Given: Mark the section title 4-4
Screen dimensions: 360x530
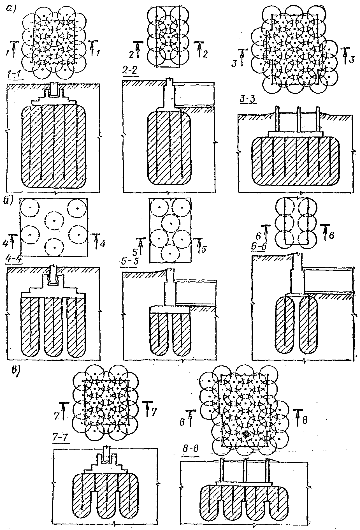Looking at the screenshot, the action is coord(13,260).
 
